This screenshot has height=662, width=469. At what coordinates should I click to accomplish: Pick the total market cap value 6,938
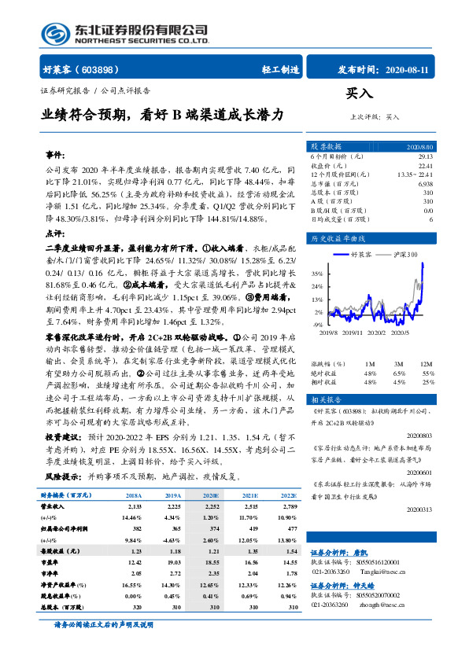click(x=425, y=182)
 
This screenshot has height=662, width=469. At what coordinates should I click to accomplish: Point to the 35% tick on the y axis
click(x=317, y=274)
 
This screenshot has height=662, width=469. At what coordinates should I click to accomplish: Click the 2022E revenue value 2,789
click(x=289, y=507)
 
